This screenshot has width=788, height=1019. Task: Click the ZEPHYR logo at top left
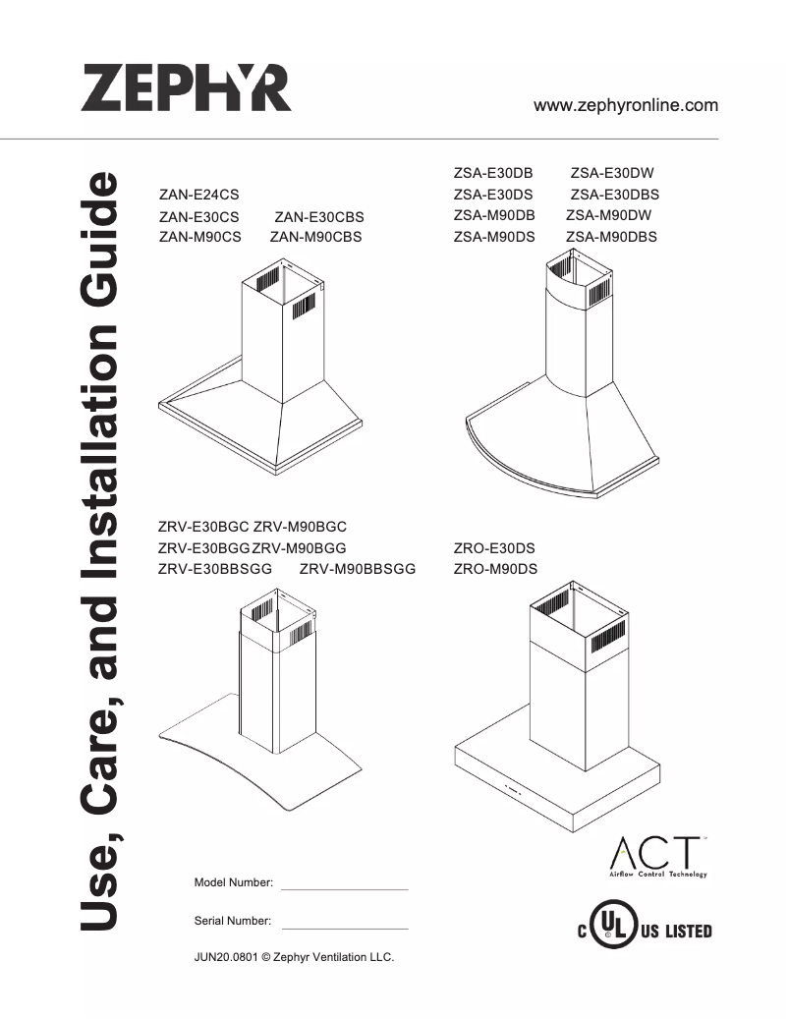point(186,88)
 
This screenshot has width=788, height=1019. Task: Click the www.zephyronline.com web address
point(625,105)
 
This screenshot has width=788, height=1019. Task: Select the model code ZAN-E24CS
point(198,196)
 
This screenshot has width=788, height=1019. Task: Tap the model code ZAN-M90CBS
point(315,237)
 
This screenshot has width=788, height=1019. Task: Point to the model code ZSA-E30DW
point(612,173)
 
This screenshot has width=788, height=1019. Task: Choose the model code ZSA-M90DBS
point(611,237)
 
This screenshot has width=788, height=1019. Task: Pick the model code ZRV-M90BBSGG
point(358,569)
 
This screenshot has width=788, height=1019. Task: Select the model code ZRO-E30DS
point(494,547)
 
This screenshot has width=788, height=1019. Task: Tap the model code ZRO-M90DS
point(495,569)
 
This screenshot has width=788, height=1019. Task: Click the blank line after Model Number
point(344,887)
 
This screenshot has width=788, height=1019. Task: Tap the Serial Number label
point(233,921)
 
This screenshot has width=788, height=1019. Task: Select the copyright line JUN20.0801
point(295,958)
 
